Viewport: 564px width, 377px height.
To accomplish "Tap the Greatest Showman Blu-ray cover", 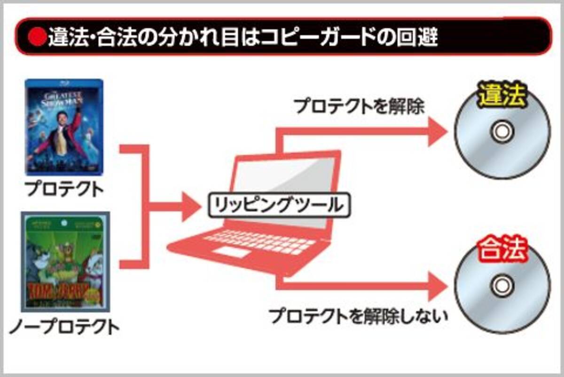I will click(64, 127).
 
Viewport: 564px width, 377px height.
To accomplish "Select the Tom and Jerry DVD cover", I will click(65, 262).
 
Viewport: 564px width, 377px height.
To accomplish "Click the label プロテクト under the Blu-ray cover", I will click(64, 190).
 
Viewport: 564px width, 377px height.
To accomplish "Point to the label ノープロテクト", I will click(64, 326).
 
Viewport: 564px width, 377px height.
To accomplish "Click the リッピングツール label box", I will click(280, 206).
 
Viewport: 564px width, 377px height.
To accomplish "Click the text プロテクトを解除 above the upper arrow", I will click(360, 106).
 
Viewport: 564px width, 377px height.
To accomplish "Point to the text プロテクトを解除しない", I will click(358, 316).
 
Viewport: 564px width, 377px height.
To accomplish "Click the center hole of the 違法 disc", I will click(501, 131).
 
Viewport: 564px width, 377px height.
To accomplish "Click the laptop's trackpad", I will click(234, 252).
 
